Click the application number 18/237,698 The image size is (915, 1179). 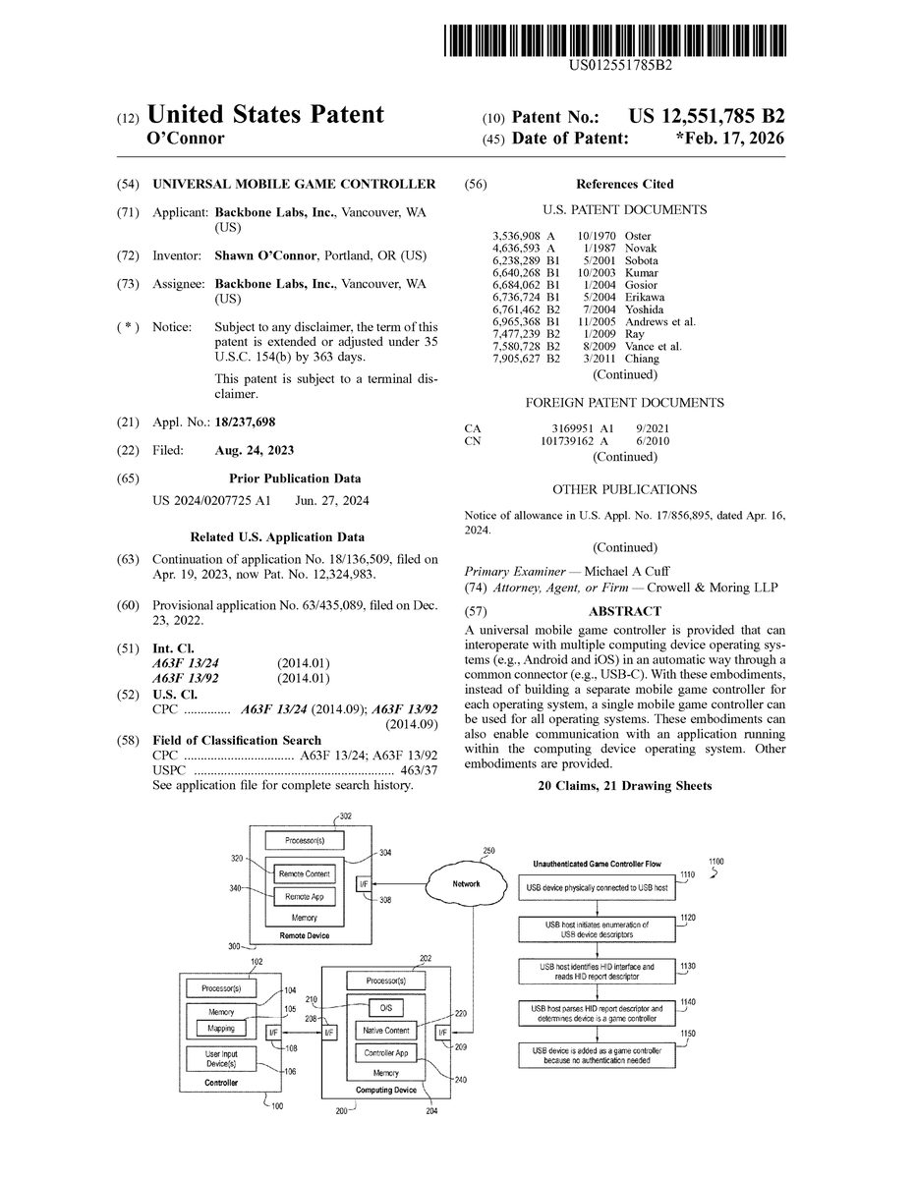click(x=245, y=421)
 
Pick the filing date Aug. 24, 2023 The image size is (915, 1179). click(x=254, y=450)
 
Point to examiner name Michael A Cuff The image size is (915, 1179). click(x=627, y=572)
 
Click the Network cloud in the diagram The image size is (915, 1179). click(x=466, y=884)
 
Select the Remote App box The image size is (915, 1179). click(x=305, y=897)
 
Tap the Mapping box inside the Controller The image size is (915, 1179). click(x=221, y=1028)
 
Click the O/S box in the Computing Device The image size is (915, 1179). click(x=384, y=1008)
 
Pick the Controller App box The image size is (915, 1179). click(x=386, y=1052)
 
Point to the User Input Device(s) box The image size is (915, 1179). click(x=221, y=1059)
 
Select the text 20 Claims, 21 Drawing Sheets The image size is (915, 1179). click(x=625, y=787)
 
